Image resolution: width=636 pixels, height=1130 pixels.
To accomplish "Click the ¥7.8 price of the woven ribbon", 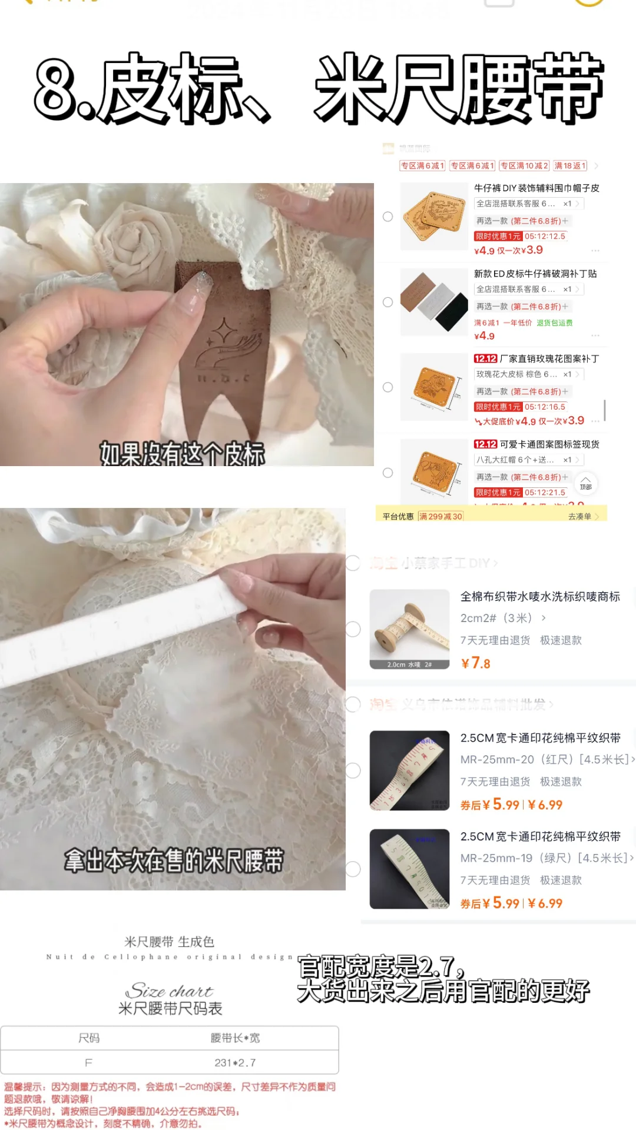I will [476, 663].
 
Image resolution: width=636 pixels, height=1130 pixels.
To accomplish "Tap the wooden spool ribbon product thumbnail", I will [409, 629].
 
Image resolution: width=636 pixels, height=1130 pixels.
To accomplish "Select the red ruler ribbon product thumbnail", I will [409, 770].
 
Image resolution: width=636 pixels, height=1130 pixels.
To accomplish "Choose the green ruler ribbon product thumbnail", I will [409, 869].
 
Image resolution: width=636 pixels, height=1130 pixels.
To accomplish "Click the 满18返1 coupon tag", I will [570, 166].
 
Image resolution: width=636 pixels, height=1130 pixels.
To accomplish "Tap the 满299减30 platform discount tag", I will [440, 516].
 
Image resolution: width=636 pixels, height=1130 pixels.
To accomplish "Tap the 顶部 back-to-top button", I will [585, 483].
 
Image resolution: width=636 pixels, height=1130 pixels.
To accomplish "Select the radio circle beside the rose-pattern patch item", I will [387, 387].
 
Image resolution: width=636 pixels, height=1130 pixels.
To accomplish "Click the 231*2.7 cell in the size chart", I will [235, 1062].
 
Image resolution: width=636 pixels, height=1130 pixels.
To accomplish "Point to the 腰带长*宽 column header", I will [235, 1038].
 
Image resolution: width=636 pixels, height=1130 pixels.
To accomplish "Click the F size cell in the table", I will [88, 1062].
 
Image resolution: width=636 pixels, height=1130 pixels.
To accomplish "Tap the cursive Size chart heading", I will [170, 991].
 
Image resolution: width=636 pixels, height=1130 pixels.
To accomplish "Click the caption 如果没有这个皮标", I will [182, 453].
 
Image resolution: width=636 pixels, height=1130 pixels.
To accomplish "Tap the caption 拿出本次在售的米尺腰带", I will [174, 860].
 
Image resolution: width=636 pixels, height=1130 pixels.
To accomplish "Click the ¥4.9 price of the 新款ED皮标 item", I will [484, 336].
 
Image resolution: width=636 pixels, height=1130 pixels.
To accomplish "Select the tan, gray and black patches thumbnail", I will [434, 301].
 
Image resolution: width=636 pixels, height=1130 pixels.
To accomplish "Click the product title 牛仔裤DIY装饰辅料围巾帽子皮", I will [536, 188].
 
